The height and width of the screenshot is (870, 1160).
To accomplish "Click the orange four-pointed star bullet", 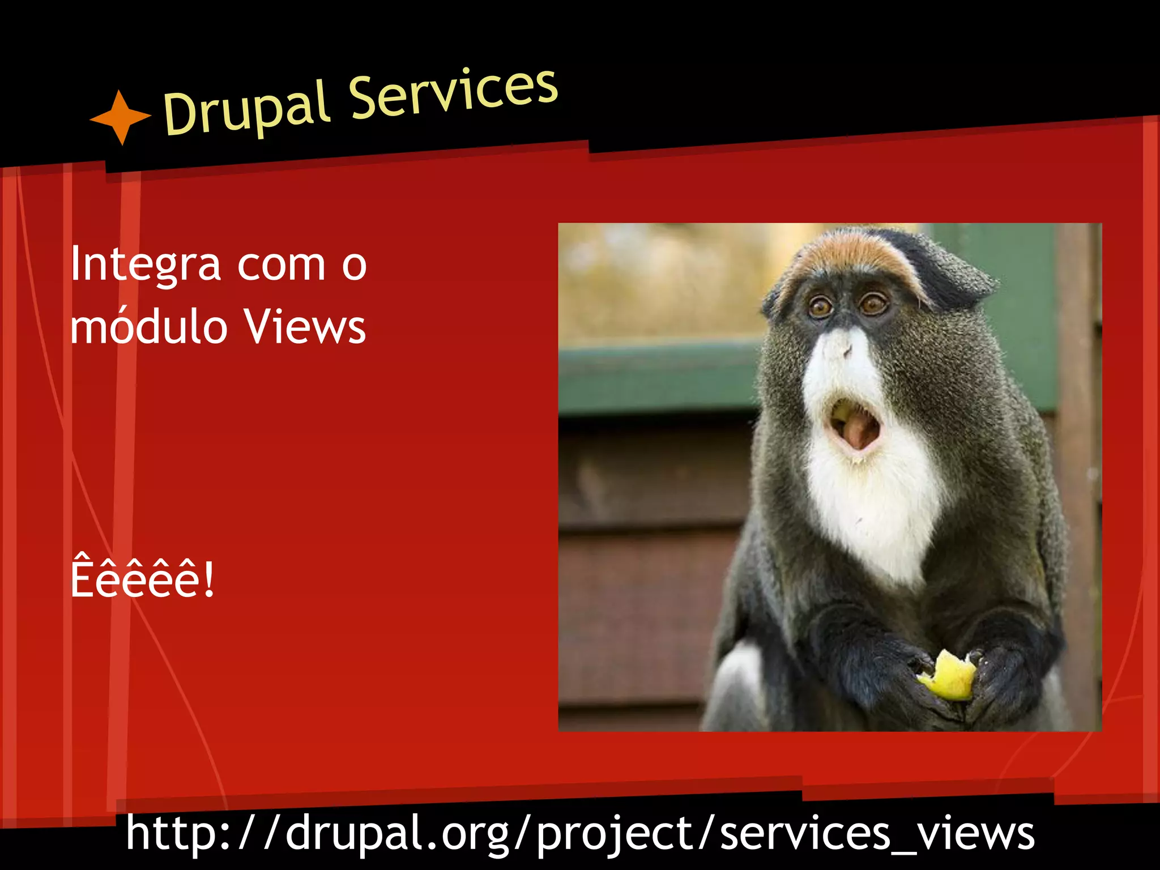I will (120, 117).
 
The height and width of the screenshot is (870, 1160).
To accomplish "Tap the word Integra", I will (145, 265).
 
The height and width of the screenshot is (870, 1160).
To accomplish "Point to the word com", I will (282, 265).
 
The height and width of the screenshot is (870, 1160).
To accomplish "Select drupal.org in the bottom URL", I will (396, 833).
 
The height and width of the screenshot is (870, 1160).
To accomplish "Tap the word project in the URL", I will (614, 833).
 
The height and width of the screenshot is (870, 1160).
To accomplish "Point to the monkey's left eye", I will (820, 308).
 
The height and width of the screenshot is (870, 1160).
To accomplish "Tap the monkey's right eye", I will (873, 304).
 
